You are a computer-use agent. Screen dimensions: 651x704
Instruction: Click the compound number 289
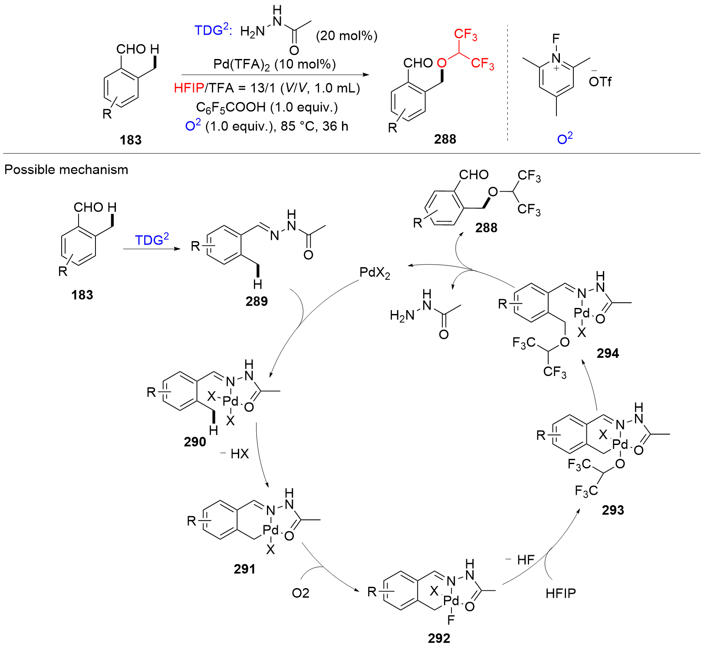(257, 301)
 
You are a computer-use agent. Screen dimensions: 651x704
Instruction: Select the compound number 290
(195, 442)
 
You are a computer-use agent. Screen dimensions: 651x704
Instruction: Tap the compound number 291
(245, 569)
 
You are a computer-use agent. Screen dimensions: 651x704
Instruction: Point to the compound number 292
(439, 638)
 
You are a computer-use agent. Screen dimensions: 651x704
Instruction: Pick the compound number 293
(613, 510)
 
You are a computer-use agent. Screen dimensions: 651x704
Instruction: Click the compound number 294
(608, 353)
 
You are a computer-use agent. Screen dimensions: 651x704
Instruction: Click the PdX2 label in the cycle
(375, 273)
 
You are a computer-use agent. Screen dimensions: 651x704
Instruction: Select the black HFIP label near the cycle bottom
(561, 593)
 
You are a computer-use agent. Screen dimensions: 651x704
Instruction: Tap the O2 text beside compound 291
(300, 593)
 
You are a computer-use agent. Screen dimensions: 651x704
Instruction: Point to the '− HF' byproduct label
(520, 559)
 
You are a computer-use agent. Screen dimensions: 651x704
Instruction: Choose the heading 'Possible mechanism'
(66, 170)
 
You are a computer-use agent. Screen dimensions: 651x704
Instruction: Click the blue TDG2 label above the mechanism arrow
(151, 239)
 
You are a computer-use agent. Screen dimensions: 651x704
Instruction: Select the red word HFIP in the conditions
(189, 88)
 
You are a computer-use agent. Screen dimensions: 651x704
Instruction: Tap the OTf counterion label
(600, 81)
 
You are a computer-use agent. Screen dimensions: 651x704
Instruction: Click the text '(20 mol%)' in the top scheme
(346, 36)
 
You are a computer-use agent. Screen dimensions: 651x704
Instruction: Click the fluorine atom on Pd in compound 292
(451, 620)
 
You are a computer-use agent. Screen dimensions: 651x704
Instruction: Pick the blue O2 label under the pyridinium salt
(565, 139)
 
